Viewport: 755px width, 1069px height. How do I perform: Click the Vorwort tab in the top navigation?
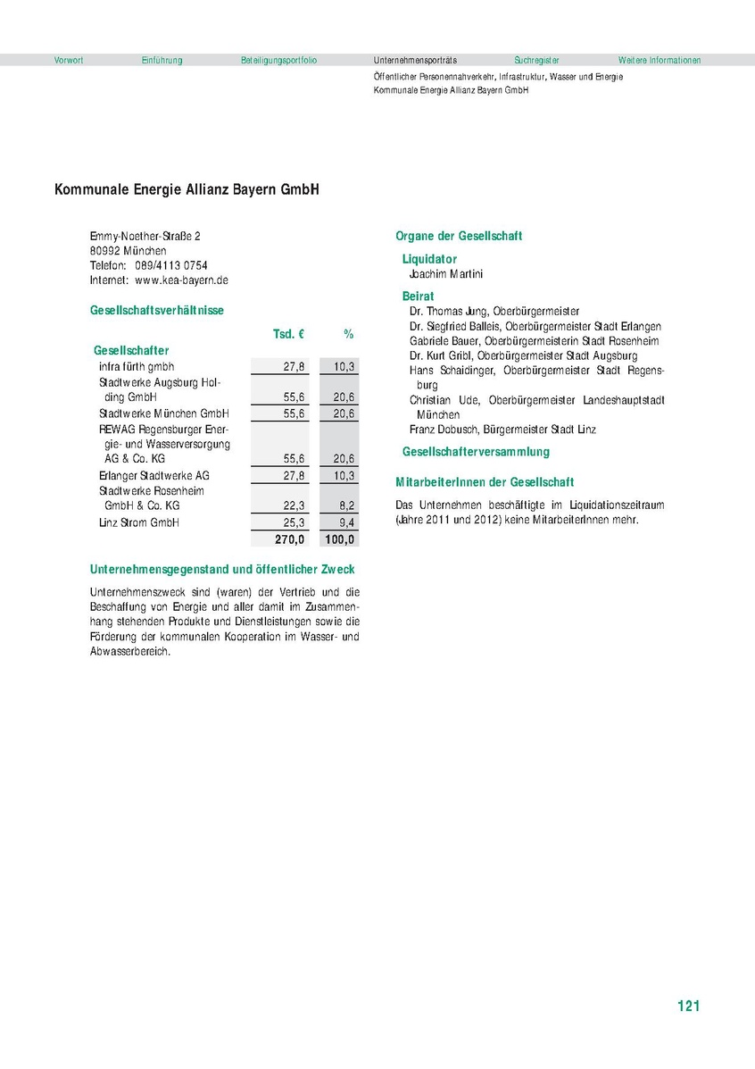tap(69, 61)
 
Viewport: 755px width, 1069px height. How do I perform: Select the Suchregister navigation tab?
tap(535, 61)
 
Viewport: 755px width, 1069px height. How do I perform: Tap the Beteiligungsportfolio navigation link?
tap(278, 61)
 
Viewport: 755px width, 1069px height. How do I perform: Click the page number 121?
tap(688, 1006)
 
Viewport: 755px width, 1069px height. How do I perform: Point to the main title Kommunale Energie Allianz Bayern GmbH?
tap(187, 190)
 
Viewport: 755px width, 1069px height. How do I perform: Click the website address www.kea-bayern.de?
tap(182, 280)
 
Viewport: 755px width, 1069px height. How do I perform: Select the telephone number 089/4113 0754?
tap(171, 265)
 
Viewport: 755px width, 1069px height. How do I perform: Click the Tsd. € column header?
tap(289, 334)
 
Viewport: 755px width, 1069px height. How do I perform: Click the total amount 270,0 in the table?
tap(289, 539)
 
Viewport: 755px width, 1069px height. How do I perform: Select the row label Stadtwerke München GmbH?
tap(164, 413)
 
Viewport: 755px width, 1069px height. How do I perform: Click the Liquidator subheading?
tap(429, 259)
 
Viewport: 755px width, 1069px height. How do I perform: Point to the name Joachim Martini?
tap(445, 274)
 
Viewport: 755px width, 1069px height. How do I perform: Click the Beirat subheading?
tap(419, 296)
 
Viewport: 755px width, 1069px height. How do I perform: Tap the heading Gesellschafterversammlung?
tap(476, 452)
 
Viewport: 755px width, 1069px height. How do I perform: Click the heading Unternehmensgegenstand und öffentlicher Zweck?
tap(222, 569)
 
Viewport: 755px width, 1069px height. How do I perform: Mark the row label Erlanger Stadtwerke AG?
tap(154, 475)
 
